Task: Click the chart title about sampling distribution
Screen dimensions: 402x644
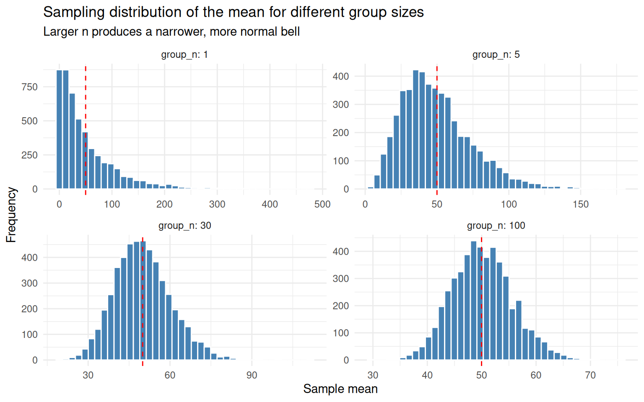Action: coord(233,12)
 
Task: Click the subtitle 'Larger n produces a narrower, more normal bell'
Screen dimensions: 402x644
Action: coord(171,32)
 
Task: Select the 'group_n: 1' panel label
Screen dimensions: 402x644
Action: coord(184,54)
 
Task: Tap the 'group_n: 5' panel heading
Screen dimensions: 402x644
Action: coord(496,54)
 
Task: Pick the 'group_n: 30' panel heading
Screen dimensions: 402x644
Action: coord(184,226)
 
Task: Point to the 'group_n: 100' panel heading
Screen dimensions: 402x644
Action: coord(496,226)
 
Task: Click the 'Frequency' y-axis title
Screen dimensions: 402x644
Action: coord(11,215)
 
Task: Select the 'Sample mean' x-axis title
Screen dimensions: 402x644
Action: coord(340,389)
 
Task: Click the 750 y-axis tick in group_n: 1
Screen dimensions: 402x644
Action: coord(29,87)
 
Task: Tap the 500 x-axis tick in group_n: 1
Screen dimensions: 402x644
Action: coord(322,204)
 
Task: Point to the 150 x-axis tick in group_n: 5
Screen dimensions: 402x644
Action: coord(581,204)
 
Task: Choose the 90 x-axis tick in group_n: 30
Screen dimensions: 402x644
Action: coord(252,375)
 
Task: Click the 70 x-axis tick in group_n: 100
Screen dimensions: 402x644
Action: coord(590,375)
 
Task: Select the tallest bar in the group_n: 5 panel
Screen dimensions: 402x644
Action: coord(415,130)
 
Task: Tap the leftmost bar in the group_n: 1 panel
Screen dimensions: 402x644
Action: coord(59,130)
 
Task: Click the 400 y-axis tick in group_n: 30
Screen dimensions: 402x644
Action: coord(29,258)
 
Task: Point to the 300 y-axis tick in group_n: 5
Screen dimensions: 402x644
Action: coord(340,105)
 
